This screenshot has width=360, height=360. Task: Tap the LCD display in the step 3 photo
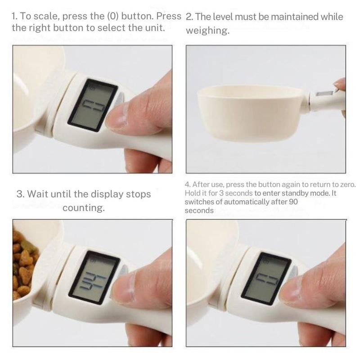coord(92,277)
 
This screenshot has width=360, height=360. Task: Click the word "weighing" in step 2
coord(207,31)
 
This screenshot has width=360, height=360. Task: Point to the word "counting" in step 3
coord(84,208)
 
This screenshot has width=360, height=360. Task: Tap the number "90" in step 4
coord(293,202)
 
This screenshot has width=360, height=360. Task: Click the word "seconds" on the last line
coord(199,210)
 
